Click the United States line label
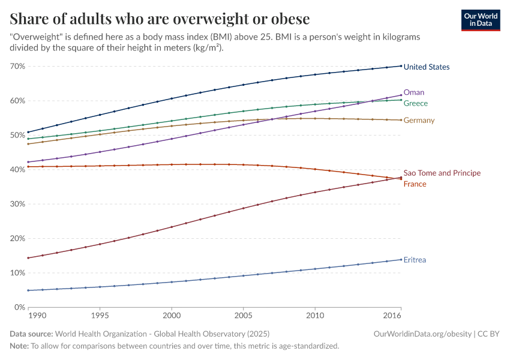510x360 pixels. point(426,67)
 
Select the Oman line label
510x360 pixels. point(413,92)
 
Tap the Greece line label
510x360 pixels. point(415,104)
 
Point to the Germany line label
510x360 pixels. point(419,121)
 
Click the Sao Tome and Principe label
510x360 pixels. point(442,173)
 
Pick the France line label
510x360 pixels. point(415,184)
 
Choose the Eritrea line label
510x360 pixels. point(415,260)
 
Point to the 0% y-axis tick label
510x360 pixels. point(19,307)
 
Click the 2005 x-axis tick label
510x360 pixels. point(243,315)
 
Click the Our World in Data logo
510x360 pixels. point(481,19)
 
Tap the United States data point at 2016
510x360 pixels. point(401,66)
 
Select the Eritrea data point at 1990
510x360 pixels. point(28,290)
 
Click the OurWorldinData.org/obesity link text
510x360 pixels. point(419,334)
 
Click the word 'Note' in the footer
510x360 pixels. point(19,346)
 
